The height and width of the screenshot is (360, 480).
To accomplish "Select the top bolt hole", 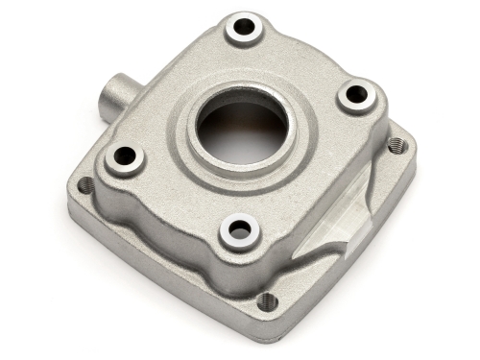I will pyautogui.click(x=245, y=28).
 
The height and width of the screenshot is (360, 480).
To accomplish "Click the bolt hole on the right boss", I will pyautogui.click(x=356, y=94).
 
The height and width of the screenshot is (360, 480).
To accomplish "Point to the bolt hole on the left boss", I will pyautogui.click(x=125, y=155).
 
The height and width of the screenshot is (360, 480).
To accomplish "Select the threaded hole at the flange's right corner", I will pyautogui.click(x=396, y=145).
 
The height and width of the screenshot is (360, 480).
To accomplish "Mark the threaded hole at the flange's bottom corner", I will pyautogui.click(x=268, y=301).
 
